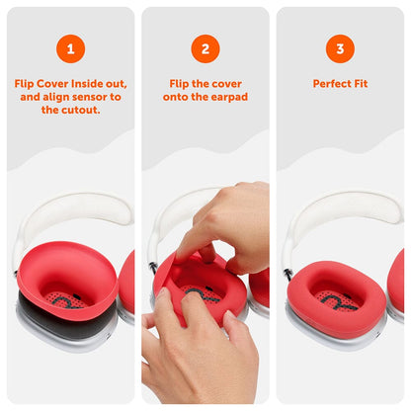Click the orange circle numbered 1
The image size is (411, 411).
point(70,47)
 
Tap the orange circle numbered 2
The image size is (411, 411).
point(205,47)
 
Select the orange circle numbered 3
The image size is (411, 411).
point(340,47)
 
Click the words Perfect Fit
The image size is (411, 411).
point(340,84)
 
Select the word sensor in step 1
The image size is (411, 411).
point(96,97)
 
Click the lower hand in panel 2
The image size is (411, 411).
point(193,351)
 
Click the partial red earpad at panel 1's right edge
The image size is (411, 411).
point(126,282)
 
